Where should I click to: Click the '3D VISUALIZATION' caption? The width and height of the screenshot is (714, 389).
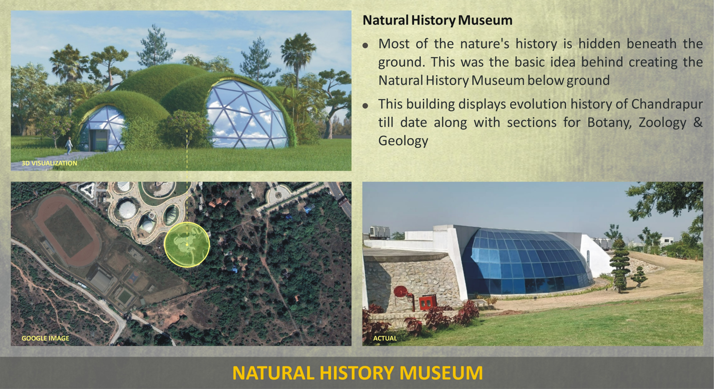pyautogui.click(x=50, y=163)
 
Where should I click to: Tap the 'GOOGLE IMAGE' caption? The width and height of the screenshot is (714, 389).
pyautogui.click(x=45, y=339)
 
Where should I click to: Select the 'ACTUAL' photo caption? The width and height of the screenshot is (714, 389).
pyautogui.click(x=385, y=339)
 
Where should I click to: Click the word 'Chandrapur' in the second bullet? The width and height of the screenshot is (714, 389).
pyautogui.click(x=667, y=104)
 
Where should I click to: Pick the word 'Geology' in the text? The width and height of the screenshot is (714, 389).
pyautogui.click(x=403, y=141)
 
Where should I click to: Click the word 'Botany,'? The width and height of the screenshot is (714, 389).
pyautogui.click(x=609, y=123)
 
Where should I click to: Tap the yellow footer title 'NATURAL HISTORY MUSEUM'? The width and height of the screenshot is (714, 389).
pyautogui.click(x=357, y=373)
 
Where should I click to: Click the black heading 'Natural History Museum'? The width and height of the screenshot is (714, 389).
pyautogui.click(x=437, y=20)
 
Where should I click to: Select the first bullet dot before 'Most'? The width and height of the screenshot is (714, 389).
pyautogui.click(x=365, y=46)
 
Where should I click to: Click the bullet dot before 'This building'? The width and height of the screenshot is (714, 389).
pyautogui.click(x=365, y=106)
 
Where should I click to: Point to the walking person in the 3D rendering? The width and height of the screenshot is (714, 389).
pyautogui.click(x=69, y=146)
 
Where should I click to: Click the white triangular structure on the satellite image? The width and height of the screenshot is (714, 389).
pyautogui.click(x=87, y=190)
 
